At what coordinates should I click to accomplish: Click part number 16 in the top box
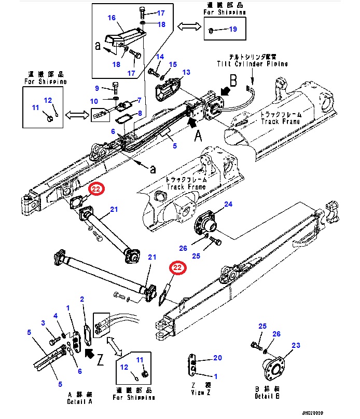click(x=112, y=18)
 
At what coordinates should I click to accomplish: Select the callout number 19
click(x=232, y=30)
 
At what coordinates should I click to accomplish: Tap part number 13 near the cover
click(x=186, y=72)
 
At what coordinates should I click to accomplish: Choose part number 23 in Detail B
click(x=296, y=345)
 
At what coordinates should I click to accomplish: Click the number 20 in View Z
click(x=217, y=358)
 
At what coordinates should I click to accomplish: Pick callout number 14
click(x=160, y=57)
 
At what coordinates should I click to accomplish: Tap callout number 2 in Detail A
click(x=82, y=300)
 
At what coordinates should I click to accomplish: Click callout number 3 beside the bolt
click(x=44, y=324)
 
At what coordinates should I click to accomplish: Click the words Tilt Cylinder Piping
click(x=252, y=63)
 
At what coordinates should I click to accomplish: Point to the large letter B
click(x=233, y=80)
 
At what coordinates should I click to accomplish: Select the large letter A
click(x=197, y=136)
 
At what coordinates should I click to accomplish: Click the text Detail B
click(x=268, y=396)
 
